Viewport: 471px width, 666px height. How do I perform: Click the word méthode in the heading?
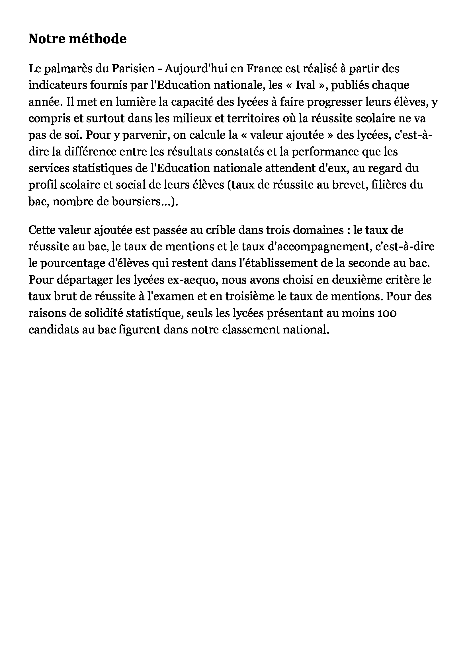click(97, 39)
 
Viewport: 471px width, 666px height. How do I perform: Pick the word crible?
click(220, 230)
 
